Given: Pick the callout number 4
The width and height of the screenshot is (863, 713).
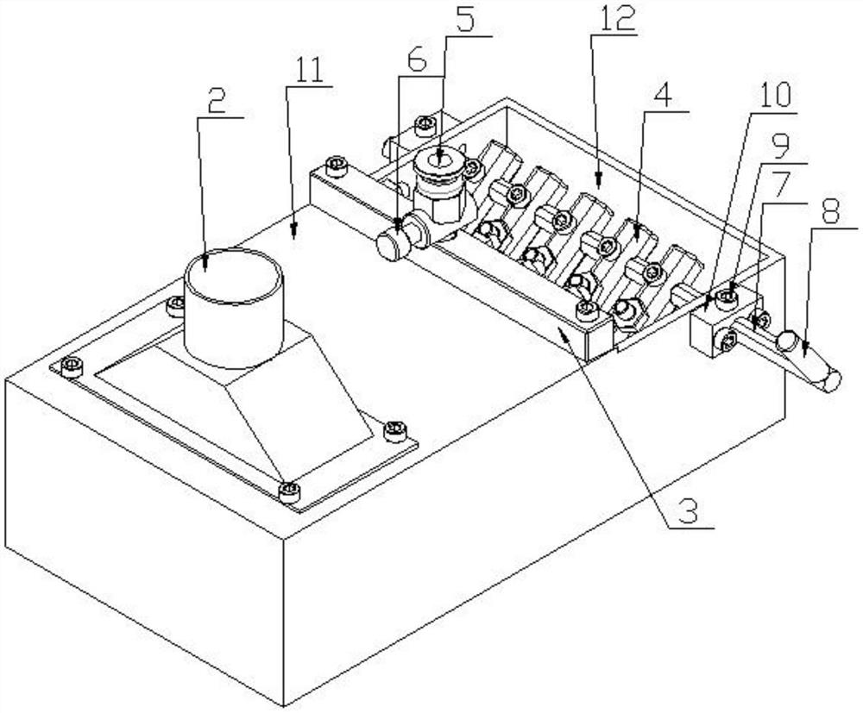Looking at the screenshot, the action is (x=665, y=96).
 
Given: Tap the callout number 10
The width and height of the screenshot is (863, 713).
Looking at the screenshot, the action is (x=775, y=96).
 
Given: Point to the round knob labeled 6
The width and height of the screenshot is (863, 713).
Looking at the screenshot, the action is (x=390, y=247).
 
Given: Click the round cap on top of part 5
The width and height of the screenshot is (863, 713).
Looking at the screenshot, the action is (x=438, y=163).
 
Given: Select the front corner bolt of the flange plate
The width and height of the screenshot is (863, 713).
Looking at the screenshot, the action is (x=289, y=492).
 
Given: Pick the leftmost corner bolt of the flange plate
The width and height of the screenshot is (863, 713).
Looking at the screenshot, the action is (x=71, y=366).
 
